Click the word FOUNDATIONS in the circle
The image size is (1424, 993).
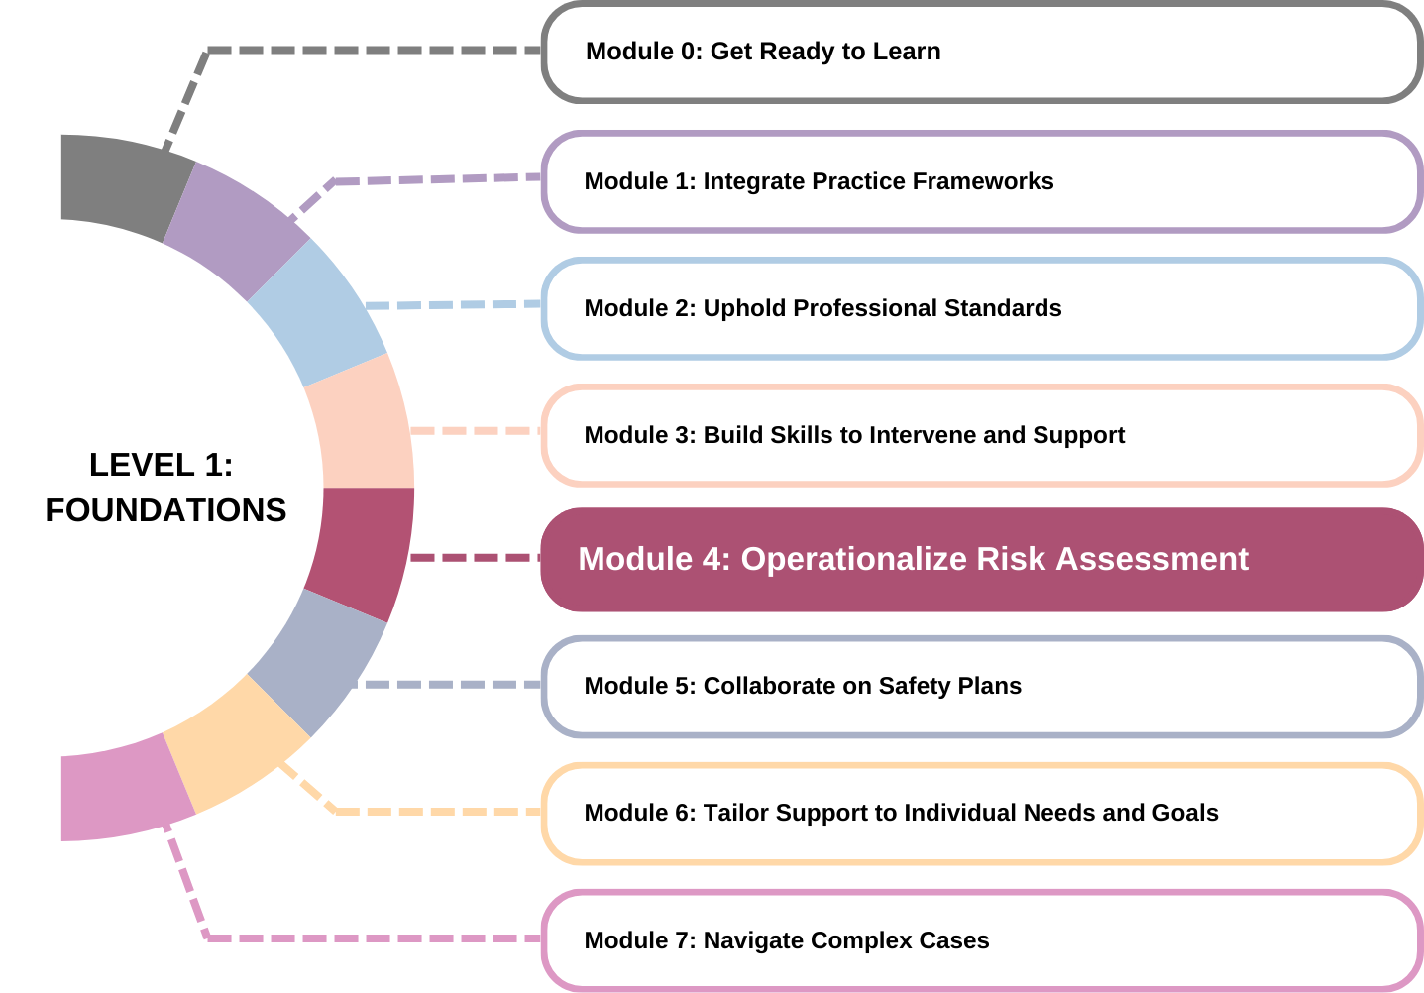coord(165,510)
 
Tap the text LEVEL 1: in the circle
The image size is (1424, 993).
coord(161,465)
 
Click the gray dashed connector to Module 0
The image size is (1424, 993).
coord(377,50)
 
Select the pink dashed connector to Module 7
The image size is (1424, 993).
coord(377,938)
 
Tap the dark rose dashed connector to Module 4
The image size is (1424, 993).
coord(476,558)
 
